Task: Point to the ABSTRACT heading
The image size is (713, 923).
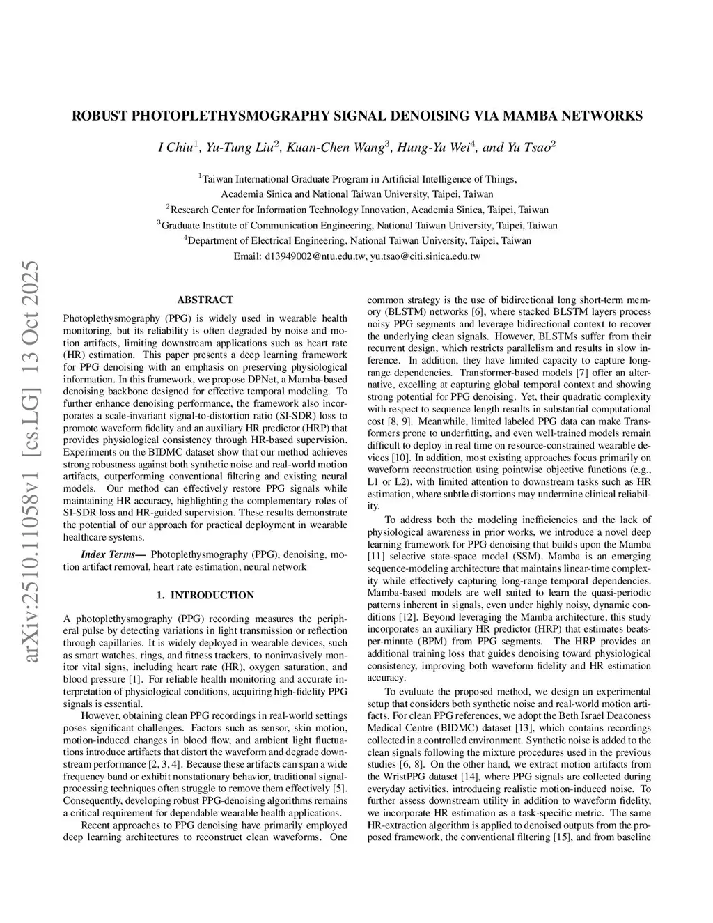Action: [x=205, y=300]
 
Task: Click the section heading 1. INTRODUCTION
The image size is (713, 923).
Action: [x=205, y=595]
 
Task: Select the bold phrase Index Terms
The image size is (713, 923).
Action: [x=108, y=554]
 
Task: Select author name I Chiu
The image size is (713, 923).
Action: [x=177, y=148]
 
